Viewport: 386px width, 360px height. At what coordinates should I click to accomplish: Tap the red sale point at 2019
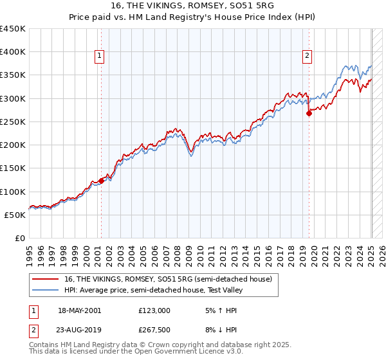[309, 113]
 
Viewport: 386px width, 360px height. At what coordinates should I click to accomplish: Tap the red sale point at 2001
[101, 181]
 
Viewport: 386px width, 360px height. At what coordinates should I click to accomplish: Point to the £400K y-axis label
[13, 52]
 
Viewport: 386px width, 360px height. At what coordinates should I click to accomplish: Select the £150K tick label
[13, 168]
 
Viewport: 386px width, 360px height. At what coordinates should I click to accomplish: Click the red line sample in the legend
[46, 279]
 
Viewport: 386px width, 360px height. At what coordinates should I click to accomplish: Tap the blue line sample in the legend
[46, 290]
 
